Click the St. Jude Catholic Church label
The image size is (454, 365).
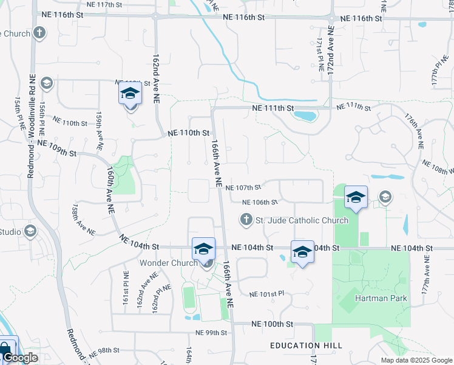click(x=302, y=220)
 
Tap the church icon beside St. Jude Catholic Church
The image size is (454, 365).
click(x=246, y=219)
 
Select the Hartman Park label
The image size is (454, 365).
click(x=381, y=299)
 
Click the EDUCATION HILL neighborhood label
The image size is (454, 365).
click(x=307, y=346)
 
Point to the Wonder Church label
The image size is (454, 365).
click(x=169, y=263)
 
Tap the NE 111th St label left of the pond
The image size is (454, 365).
click(x=273, y=108)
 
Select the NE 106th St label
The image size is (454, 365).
click(x=260, y=203)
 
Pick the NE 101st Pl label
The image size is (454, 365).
click(x=267, y=293)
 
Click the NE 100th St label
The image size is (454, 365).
click(x=273, y=324)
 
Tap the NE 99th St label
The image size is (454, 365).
click(x=211, y=333)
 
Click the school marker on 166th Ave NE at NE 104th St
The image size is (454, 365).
click(x=203, y=249)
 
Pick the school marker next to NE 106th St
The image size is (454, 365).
click(x=356, y=197)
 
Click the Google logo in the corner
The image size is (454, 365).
click(x=20, y=358)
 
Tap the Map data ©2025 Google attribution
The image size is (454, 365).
click(x=416, y=360)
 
